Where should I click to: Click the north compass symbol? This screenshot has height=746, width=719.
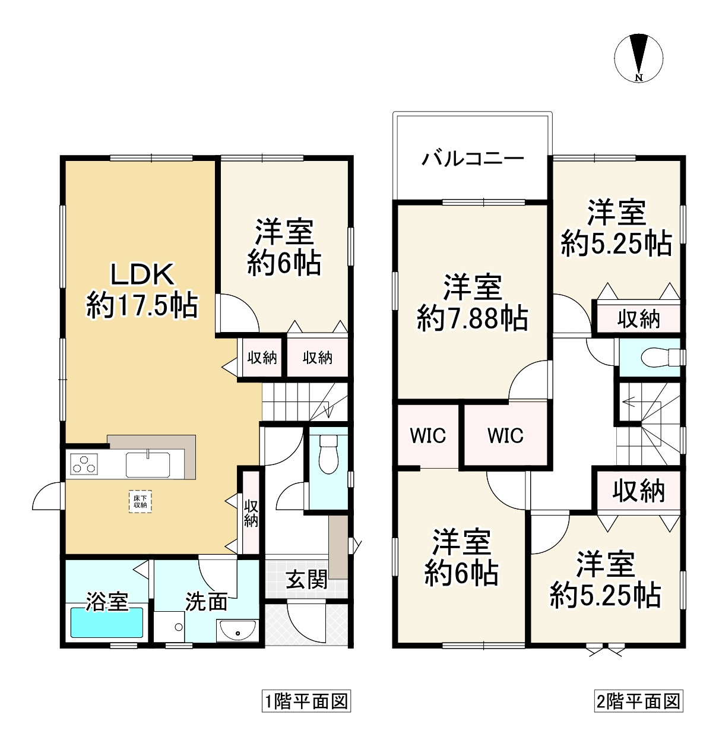coord(638,58)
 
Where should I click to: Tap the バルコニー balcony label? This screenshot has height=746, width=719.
coord(473,159)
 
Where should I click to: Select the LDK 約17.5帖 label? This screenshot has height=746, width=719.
coord(142,290)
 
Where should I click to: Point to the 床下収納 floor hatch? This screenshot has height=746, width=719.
coord(140,501)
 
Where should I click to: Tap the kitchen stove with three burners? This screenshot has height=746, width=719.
coord(84,464)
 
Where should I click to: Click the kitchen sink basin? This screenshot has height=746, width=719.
coord(148,464)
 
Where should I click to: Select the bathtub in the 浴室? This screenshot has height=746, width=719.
coord(107,622)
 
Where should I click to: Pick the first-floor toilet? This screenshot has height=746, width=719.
coord(328,454)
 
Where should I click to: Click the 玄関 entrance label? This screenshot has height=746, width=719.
coord(307,579)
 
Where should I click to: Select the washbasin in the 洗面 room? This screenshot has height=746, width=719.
coord(237,631)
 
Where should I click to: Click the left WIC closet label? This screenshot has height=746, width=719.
coord(427,435)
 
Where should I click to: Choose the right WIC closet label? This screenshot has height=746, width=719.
coord(505,435)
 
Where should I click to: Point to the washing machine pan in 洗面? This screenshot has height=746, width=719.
coord(169,627)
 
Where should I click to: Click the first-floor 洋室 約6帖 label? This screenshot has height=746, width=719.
coord(284,247)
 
